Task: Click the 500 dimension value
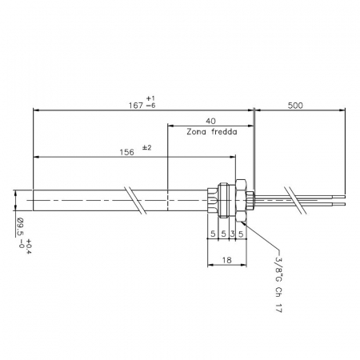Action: [x=295, y=106]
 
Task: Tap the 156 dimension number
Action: [x=126, y=152]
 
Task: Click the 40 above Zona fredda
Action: [x=210, y=121]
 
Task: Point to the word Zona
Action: [x=197, y=132]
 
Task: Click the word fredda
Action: [x=224, y=132]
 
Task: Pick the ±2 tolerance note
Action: [x=146, y=147]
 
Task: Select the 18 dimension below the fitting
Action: [x=226, y=260]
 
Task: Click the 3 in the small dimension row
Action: [x=232, y=234]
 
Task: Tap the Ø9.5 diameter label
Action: [x=20, y=227]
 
